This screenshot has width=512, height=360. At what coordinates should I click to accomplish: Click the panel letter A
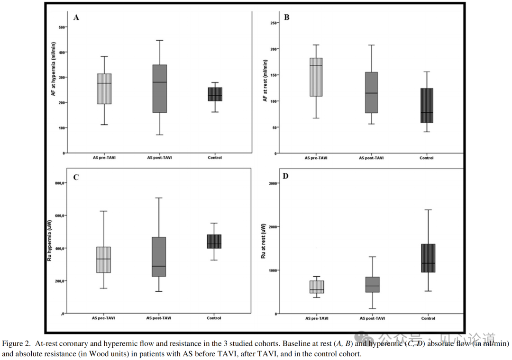(76, 18)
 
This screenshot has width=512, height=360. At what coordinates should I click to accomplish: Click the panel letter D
(286, 177)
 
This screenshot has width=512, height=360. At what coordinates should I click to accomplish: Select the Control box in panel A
(215, 94)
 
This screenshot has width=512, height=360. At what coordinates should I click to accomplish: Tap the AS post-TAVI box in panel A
(160, 89)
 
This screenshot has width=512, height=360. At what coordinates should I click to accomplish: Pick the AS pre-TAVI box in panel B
(315, 77)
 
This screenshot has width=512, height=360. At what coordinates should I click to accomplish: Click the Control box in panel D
(428, 258)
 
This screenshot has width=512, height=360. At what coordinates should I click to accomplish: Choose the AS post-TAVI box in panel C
(159, 256)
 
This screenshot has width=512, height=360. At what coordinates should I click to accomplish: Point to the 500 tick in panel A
(61, 27)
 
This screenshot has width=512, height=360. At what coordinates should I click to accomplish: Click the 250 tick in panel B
(273, 23)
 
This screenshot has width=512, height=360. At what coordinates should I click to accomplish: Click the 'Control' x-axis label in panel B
(426, 158)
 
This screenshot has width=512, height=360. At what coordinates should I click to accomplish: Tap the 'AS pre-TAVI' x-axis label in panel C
(104, 318)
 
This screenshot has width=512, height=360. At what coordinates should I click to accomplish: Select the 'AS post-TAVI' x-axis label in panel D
(372, 318)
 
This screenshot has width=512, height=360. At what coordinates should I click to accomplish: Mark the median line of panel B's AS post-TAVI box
(372, 93)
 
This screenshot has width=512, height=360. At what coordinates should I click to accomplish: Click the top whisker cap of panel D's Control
(428, 209)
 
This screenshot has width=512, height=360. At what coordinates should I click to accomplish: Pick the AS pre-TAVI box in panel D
(317, 287)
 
